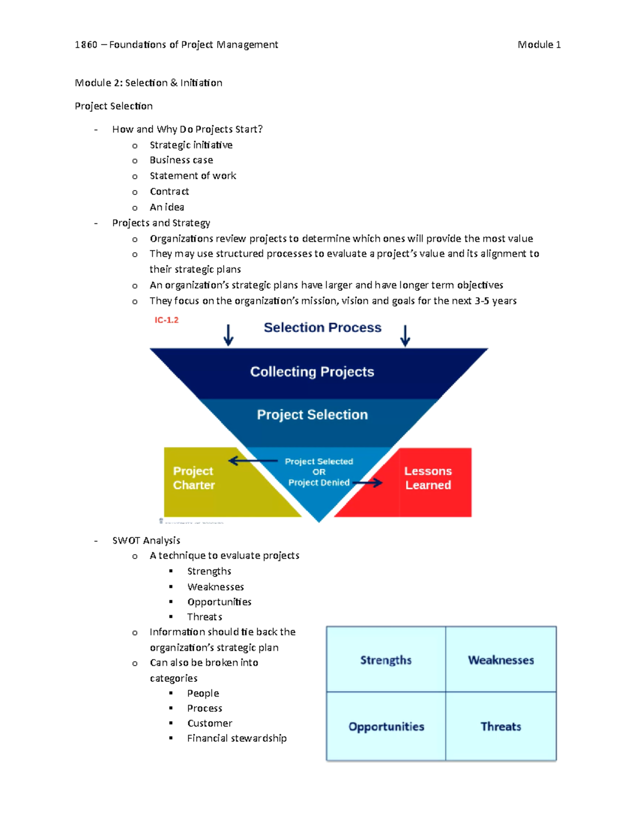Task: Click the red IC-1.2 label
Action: pos(166,320)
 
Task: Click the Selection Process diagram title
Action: pos(322,327)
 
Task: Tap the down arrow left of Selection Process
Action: pos(228,335)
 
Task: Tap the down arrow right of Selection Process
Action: pos(405,335)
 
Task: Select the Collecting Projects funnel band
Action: pos(312,372)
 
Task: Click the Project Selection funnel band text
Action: pos(312,414)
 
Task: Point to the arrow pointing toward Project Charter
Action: pos(252,461)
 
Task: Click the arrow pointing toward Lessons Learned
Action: pos(367,483)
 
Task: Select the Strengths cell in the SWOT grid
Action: pos(386,660)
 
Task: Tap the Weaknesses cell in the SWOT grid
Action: pos(501,660)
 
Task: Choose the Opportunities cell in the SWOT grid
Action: pos(386,726)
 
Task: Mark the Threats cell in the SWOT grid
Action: pos(501,726)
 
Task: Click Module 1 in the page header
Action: pos(539,45)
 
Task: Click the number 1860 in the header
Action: pos(86,45)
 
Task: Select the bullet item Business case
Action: pos(181,160)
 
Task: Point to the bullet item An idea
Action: pos(167,207)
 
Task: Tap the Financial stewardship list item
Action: pos(237,738)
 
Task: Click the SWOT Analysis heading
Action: pos(146,540)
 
